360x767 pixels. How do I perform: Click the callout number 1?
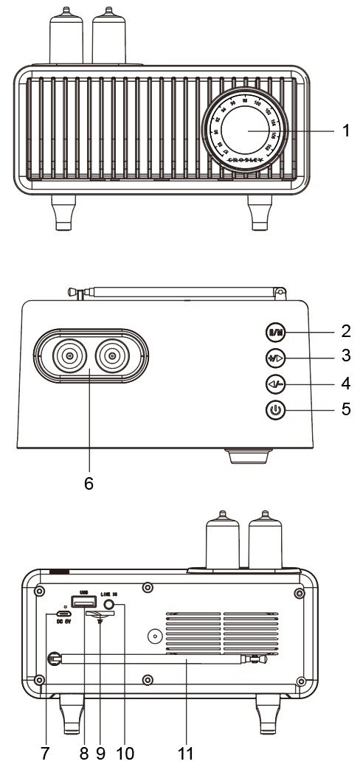[x=345, y=131]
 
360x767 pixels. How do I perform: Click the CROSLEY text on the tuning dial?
[x=246, y=159]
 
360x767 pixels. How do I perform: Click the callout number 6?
[x=89, y=484]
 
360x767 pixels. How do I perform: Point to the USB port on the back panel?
[x=83, y=601]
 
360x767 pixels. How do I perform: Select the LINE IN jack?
[x=111, y=605]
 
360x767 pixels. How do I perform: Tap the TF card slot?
[x=94, y=614]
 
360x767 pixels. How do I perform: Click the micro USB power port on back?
[x=63, y=614]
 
